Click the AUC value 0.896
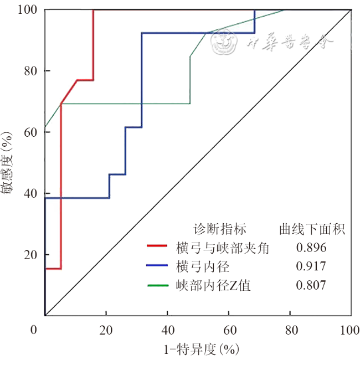311,248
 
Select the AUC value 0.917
311,266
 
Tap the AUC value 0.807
311,285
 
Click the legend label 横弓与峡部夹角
223,248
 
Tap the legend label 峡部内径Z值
213,285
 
